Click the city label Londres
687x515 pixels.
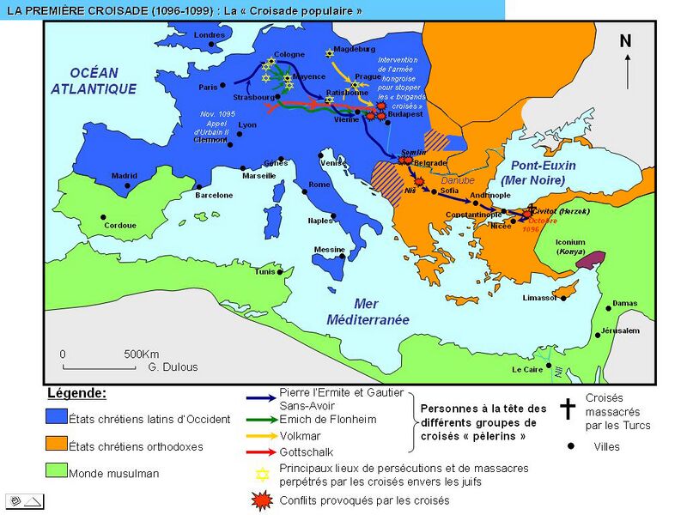pos(210,35)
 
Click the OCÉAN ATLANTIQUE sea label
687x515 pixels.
pos(94,81)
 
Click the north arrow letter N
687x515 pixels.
pos(625,41)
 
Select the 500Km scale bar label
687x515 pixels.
pos(142,354)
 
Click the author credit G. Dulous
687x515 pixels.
pos(173,367)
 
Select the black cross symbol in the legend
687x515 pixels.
pos(568,408)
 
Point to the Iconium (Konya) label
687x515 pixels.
pos(570,247)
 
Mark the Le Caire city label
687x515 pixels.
pos(528,370)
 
